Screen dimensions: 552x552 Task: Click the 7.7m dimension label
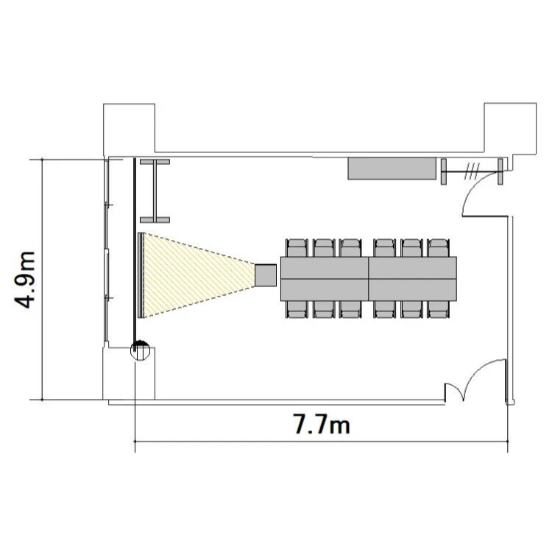(x=322, y=424)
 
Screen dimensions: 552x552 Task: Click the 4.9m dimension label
(x=24, y=280)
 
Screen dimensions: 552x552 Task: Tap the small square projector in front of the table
(x=266, y=275)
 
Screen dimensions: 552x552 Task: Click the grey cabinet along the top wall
(x=392, y=169)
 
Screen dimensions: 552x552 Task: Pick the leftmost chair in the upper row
(x=297, y=248)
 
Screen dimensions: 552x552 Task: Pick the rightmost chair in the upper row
(x=438, y=248)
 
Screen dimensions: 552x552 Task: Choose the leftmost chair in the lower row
(x=297, y=309)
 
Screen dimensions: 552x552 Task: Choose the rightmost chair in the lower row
(x=438, y=309)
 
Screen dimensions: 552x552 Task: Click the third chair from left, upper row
(x=350, y=248)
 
